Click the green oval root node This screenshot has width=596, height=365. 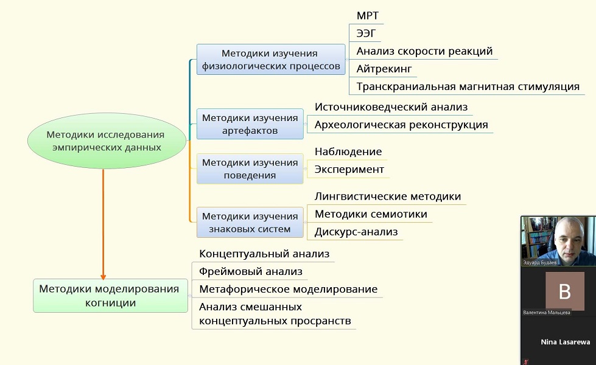click(x=107, y=141)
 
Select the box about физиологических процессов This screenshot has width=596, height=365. click(x=270, y=60)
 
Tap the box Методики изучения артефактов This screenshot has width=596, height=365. click(x=250, y=124)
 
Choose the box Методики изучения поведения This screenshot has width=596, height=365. click(x=250, y=169)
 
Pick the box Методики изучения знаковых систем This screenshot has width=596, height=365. click(x=250, y=223)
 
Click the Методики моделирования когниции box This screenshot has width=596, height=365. click(x=110, y=295)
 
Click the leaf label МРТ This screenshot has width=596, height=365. click(x=368, y=15)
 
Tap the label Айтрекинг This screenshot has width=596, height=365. click(x=385, y=69)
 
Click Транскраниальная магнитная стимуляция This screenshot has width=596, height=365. click(x=468, y=86)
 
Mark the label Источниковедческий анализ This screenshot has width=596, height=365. click(x=391, y=107)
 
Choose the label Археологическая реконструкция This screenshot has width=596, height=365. click(x=401, y=125)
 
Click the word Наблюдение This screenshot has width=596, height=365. click(x=348, y=151)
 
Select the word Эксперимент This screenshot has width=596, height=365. click(x=349, y=169)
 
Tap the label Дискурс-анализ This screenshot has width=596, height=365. click(x=356, y=231)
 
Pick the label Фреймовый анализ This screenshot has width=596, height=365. click(x=251, y=271)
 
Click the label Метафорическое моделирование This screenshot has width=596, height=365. click(x=288, y=289)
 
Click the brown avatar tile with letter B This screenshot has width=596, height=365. click(x=564, y=291)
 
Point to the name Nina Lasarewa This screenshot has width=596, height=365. click(x=565, y=342)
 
